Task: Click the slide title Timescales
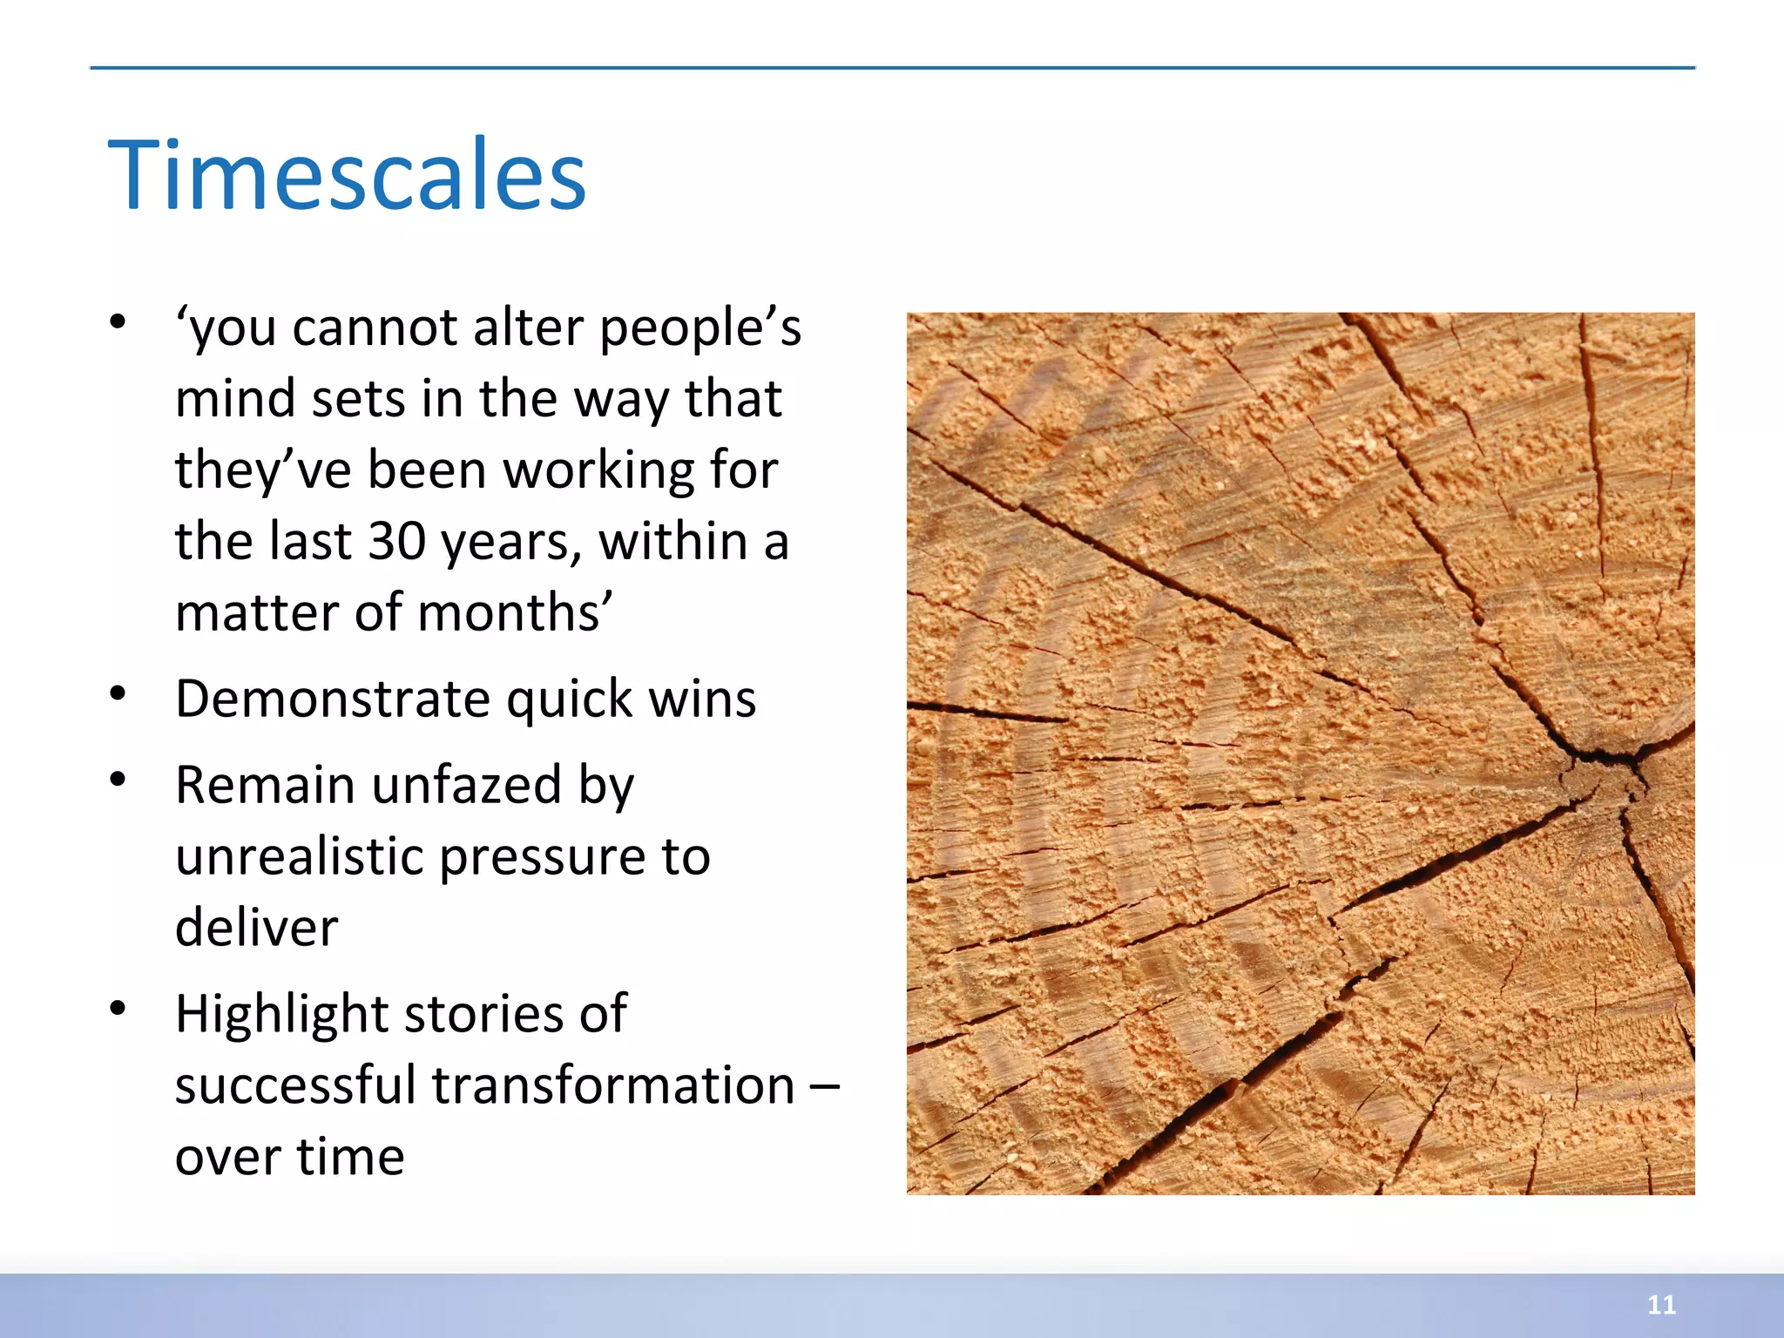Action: pyautogui.click(x=347, y=177)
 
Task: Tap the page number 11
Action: pyautogui.click(x=1661, y=1305)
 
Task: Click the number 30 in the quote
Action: pyautogui.click(x=396, y=541)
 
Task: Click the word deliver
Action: pyautogui.click(x=256, y=928)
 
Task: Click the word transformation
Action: pyautogui.click(x=613, y=1086)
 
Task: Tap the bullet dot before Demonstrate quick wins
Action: pyautogui.click(x=118, y=694)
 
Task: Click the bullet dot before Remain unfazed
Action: pyautogui.click(x=118, y=780)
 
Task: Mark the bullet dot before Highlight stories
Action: pyautogui.click(x=118, y=1009)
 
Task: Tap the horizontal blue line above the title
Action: pyautogui.click(x=892, y=67)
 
